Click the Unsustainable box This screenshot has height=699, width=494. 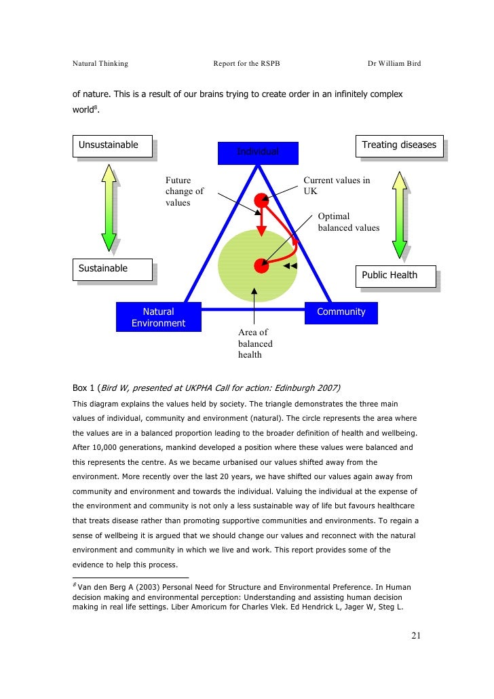(x=113, y=146)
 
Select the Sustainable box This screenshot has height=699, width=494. (x=111, y=269)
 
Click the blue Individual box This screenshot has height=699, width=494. (x=257, y=152)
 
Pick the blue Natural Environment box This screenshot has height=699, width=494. (x=158, y=317)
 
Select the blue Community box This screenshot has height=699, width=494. (x=341, y=312)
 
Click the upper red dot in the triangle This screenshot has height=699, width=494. (x=261, y=200)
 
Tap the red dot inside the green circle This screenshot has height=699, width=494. (x=261, y=265)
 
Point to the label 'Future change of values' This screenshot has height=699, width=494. (x=184, y=191)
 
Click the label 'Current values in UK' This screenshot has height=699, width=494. (x=337, y=185)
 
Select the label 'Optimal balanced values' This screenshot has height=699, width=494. (x=349, y=222)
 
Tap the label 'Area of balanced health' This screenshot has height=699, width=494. (x=255, y=343)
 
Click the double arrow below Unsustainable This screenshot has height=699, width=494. (x=109, y=208)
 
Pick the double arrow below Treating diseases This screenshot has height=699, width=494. (x=400, y=214)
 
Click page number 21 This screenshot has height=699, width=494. (x=416, y=635)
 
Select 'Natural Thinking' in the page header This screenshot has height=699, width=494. (x=100, y=64)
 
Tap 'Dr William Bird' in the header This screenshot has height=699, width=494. (x=394, y=64)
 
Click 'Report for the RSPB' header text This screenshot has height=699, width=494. (x=246, y=64)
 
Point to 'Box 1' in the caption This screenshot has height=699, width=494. (x=84, y=388)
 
